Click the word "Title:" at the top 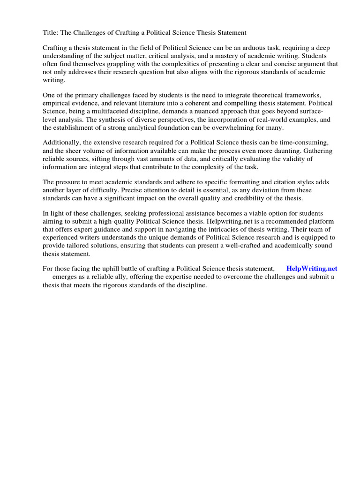coord(51,32)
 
